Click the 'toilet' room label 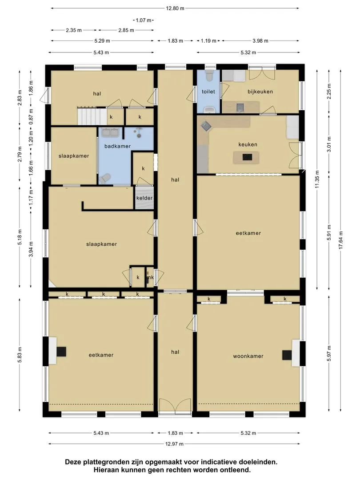pos(208,92)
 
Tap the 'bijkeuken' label pos(260,92)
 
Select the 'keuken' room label pos(248,144)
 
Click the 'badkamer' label pos(117,146)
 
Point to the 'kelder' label pos(144,198)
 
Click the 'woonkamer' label pos(248,356)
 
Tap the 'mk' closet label pos(150,277)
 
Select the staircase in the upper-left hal pos(88,116)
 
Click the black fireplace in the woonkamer pos(287,355)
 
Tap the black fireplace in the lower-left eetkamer pos(61,351)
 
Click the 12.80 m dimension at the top pos(175,8)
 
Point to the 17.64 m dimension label pos(341,240)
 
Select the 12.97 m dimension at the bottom pos(174,444)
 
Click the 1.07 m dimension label pos(144,20)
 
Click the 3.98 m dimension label pos(260,40)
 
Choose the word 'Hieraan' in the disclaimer pos(106,470)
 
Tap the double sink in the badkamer pos(111,132)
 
